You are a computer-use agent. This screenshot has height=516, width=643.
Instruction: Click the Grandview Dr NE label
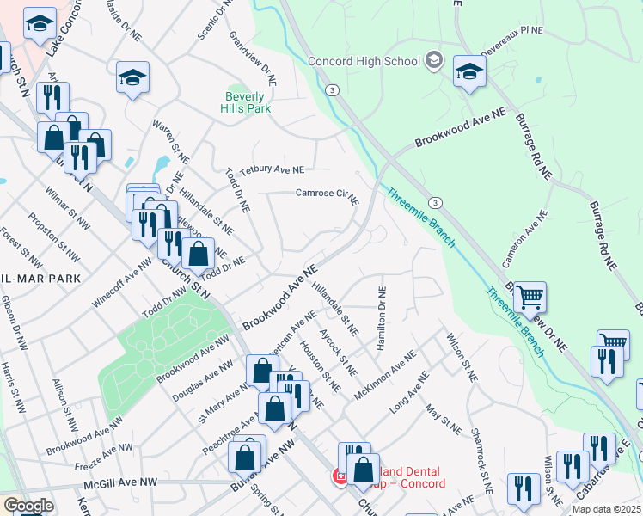click(252, 58)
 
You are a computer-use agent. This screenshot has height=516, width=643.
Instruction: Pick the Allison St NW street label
click(63, 399)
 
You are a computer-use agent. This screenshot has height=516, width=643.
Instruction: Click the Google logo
click(28, 506)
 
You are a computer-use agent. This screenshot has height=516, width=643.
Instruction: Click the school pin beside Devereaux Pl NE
click(469, 72)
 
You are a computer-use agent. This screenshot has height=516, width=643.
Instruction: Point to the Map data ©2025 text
click(606, 509)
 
